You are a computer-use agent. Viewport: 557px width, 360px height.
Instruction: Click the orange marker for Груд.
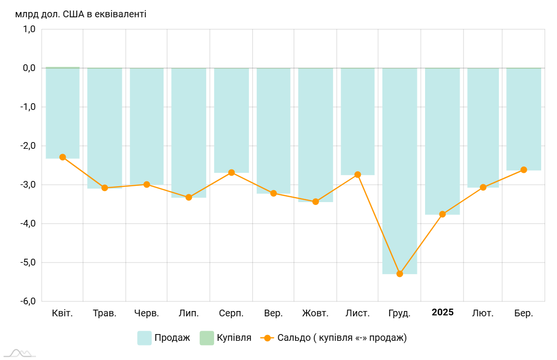click(x=400, y=274)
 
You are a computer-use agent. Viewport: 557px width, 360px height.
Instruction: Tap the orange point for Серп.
click(x=231, y=172)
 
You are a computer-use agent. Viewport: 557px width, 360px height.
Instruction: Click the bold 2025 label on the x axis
click(x=442, y=312)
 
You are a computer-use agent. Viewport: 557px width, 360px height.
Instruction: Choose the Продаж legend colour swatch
click(x=144, y=338)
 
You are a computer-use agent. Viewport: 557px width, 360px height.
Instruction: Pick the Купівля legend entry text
click(x=234, y=338)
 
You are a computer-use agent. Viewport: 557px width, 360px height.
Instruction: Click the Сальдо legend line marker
click(x=267, y=338)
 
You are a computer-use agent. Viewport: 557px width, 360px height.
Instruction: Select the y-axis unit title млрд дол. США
click(x=81, y=14)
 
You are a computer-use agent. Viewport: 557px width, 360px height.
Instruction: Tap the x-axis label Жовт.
click(x=315, y=313)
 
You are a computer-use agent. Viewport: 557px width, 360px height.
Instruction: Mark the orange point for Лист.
click(x=357, y=175)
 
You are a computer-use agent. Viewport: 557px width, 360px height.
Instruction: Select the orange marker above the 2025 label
click(x=442, y=214)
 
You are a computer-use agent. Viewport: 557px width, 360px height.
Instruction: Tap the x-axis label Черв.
click(x=147, y=313)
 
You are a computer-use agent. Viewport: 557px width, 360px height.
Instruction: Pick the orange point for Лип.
click(x=189, y=197)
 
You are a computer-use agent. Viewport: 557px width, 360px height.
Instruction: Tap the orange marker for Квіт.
click(x=62, y=157)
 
